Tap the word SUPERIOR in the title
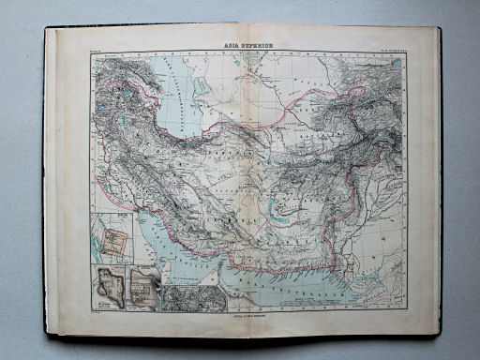[x=254, y=43]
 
